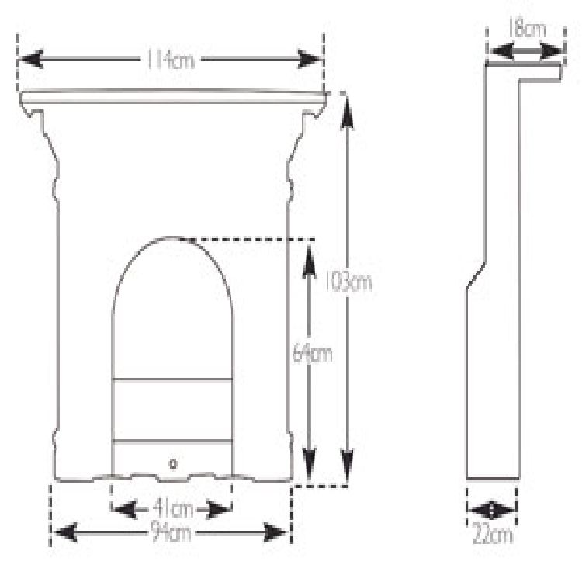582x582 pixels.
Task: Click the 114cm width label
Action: (x=171, y=60)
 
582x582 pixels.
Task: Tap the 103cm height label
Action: (x=348, y=282)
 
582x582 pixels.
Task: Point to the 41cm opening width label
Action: (x=173, y=509)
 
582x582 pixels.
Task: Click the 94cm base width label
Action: (x=171, y=533)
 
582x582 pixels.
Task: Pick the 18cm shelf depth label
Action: (x=527, y=29)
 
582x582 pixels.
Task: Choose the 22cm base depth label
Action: (x=492, y=535)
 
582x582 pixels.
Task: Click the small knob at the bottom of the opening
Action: (x=173, y=463)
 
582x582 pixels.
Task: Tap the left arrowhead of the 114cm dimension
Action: (x=30, y=60)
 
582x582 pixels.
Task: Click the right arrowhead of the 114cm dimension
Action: (x=310, y=60)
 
